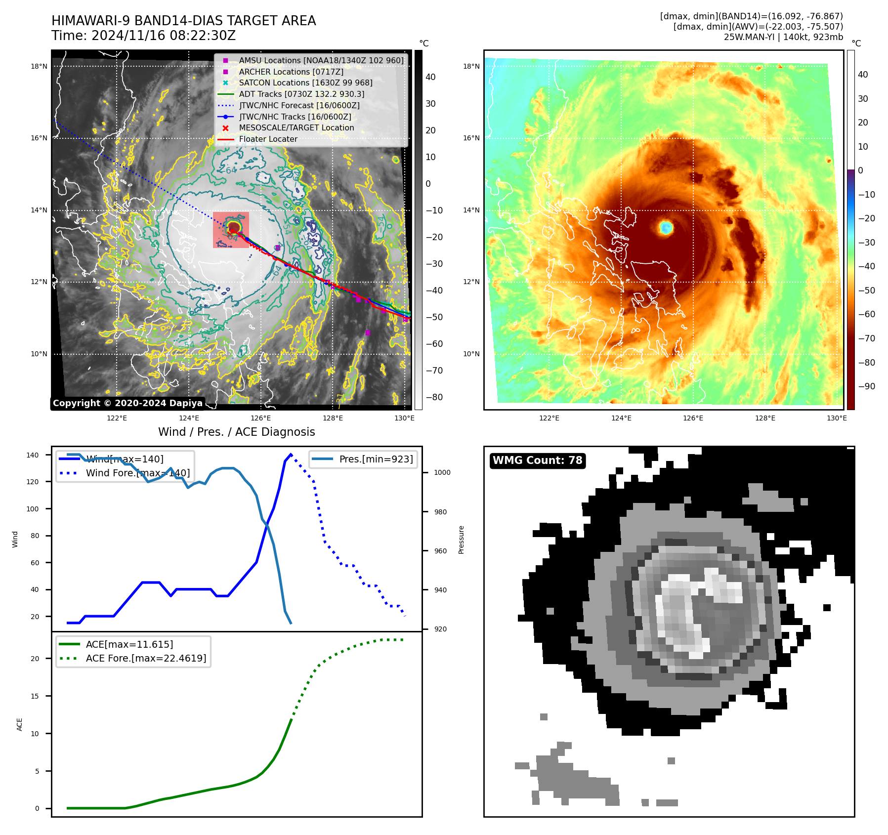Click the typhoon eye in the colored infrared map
point(666,227)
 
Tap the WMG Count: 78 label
point(537,460)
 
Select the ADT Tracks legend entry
point(301,94)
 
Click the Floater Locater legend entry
point(268,139)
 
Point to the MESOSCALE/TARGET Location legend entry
point(296,128)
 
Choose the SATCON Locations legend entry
point(305,83)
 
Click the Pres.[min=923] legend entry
point(376,459)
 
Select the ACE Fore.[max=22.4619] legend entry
point(146,658)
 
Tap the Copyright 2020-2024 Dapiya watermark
point(127,403)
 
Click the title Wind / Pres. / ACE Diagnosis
point(236,432)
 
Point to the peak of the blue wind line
point(291,454)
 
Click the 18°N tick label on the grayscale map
point(39,66)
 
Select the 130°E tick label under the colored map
point(837,418)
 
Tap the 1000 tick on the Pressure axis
point(442,472)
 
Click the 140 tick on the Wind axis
point(33,455)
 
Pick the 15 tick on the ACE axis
point(35,696)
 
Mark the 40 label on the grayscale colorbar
point(430,77)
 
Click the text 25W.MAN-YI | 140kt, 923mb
point(783,37)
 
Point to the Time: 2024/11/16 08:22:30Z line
point(143,36)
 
